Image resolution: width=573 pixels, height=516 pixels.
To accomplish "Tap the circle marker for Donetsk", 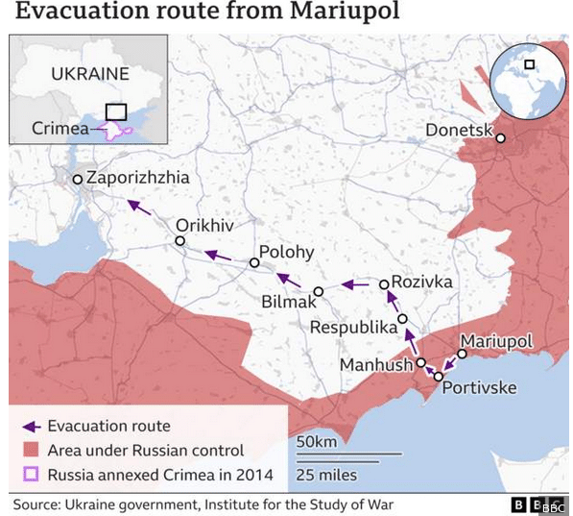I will [x=501, y=138].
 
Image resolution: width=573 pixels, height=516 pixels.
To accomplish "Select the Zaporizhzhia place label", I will [x=138, y=178].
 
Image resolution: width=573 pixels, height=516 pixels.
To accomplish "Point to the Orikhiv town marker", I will [x=180, y=240].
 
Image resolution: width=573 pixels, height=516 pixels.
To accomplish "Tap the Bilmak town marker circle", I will [x=319, y=291].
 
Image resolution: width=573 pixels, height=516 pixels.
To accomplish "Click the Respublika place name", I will [x=353, y=327].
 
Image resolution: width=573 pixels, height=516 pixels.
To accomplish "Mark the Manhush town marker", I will [x=420, y=362].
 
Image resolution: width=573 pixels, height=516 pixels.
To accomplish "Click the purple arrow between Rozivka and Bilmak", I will [x=355, y=285].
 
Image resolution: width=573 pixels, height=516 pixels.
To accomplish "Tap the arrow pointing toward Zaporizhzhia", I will [x=138, y=205].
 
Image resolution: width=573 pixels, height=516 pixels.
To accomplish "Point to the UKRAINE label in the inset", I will [x=89, y=73].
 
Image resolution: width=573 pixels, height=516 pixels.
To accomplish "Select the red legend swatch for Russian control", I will [x=32, y=450].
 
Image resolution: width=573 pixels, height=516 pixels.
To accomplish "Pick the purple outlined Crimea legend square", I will [x=32, y=474].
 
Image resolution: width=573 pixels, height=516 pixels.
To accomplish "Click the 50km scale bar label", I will [x=317, y=441].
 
